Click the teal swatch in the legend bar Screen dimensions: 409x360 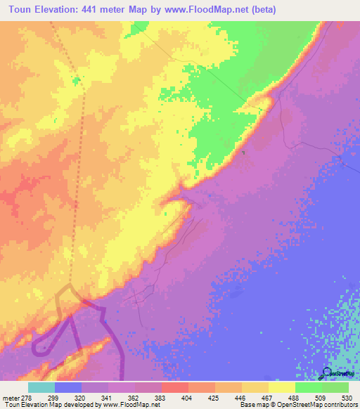[x=41, y=387]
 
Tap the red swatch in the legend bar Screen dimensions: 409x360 [x=175, y=387]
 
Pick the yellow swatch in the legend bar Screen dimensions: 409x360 [x=282, y=387]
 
